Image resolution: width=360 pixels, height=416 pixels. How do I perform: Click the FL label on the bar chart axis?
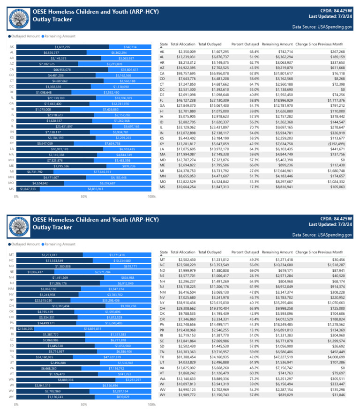(x=11, y=98)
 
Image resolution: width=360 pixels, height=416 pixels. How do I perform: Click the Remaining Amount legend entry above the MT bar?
(x=58, y=244)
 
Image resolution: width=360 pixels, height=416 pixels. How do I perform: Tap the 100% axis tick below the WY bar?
(x=151, y=404)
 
